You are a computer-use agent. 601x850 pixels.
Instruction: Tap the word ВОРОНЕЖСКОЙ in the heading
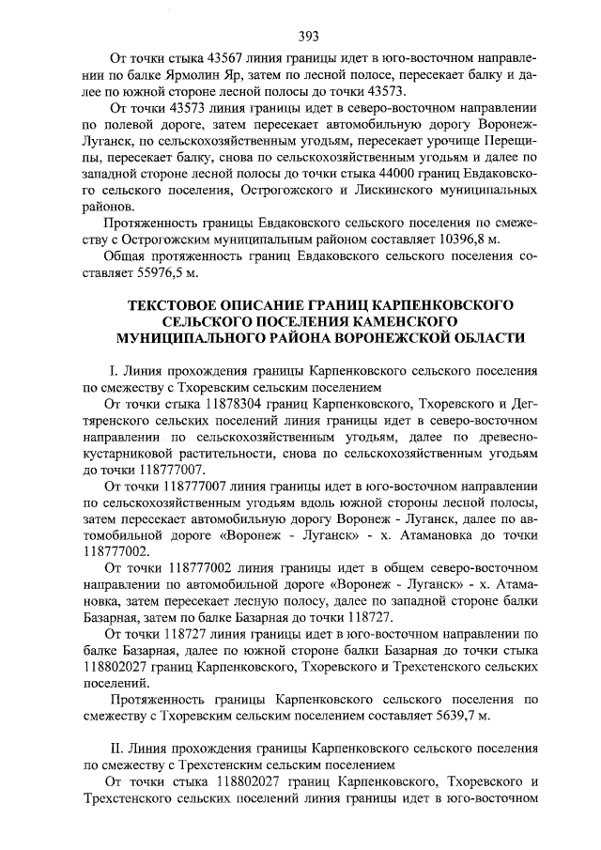point(377,337)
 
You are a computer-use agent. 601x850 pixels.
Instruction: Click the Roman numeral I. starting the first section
point(114,371)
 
